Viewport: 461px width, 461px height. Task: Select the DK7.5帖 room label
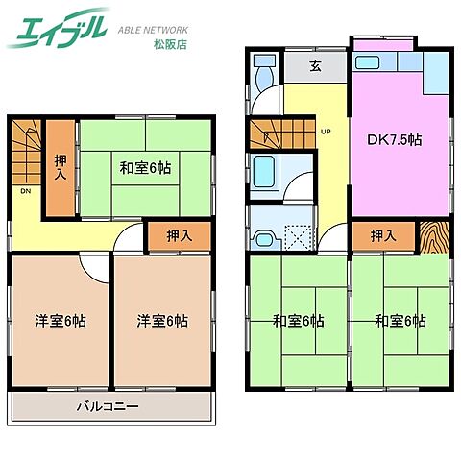(399, 139)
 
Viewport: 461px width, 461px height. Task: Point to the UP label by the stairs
(326, 131)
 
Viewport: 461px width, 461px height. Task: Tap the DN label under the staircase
(24, 190)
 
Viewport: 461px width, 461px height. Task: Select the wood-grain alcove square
(435, 236)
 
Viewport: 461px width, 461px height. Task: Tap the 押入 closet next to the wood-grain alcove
(383, 235)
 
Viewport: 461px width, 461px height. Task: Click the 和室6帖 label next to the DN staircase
(146, 167)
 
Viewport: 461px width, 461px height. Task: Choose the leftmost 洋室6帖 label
(61, 321)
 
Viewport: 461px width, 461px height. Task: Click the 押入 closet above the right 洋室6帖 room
(179, 235)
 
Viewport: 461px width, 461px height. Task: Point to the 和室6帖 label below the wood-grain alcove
(400, 321)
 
